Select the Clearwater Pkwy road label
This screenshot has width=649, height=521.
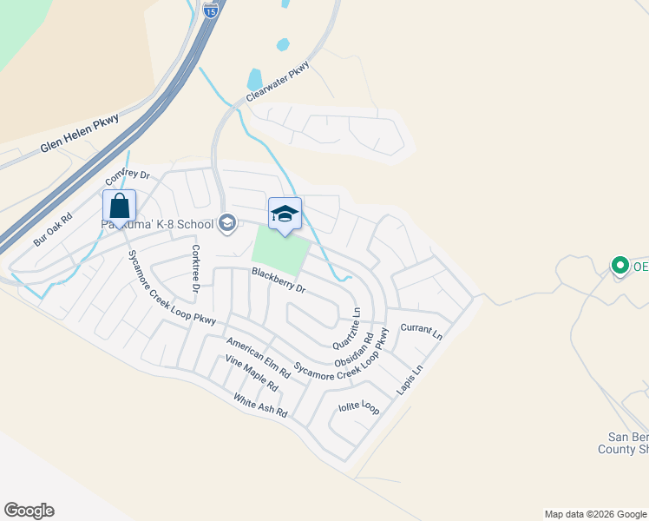click(x=278, y=82)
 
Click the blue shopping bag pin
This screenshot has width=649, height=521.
click(x=119, y=207)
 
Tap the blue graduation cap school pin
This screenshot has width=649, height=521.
click(x=285, y=214)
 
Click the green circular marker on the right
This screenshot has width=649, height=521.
click(x=619, y=266)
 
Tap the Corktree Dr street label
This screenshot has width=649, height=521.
click(x=195, y=268)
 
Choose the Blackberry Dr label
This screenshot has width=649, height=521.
click(x=279, y=279)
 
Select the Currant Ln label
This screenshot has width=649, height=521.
click(x=422, y=330)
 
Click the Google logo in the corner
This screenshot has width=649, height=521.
click(x=29, y=511)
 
